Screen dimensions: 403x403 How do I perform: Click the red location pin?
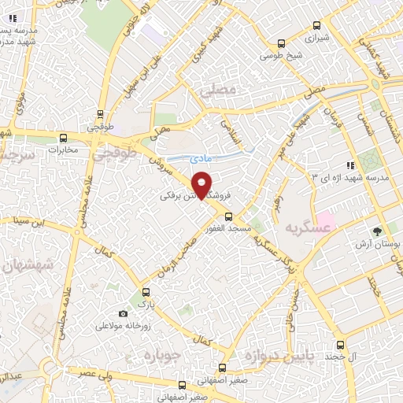203,183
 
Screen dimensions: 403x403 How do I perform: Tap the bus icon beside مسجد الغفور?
229,216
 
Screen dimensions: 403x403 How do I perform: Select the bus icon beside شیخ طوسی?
283,44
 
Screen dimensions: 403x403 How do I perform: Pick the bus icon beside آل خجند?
340,345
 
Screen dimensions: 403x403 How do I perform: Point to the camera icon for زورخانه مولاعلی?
123,313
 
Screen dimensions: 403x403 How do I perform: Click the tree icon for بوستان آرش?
379,231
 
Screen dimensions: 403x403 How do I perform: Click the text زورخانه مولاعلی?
123,325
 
